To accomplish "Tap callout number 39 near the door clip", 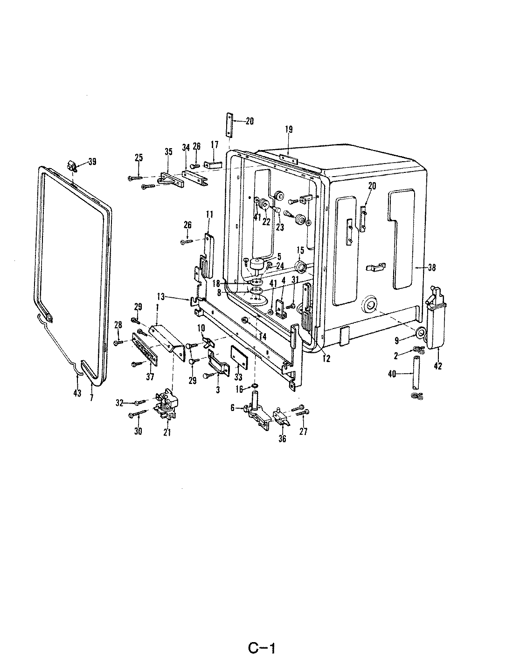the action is click(92, 162).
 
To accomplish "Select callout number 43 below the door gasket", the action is click(77, 393).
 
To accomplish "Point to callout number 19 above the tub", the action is click(289, 130).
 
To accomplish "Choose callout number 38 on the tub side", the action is click(431, 268).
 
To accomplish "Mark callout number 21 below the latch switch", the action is click(167, 432).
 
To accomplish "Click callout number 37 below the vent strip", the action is click(150, 377).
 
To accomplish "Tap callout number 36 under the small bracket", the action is click(282, 438).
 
